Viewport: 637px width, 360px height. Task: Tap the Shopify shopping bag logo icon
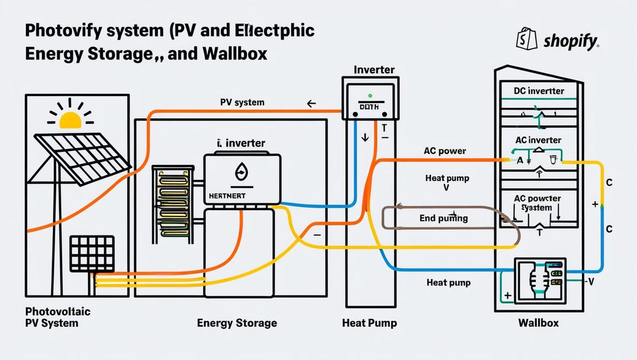click(x=522, y=41)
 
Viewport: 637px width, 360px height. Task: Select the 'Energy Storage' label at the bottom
click(x=237, y=322)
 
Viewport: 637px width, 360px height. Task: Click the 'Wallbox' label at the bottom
click(x=538, y=322)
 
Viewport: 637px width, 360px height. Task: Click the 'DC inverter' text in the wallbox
click(x=539, y=91)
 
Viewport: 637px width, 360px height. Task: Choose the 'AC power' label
click(x=445, y=151)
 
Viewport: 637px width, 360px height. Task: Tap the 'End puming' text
click(x=444, y=219)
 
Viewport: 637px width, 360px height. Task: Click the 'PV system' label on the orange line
click(x=242, y=102)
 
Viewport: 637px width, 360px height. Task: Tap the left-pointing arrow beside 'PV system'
click(x=311, y=104)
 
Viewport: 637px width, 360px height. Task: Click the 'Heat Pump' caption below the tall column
click(x=369, y=322)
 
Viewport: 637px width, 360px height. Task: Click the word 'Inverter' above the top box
click(x=374, y=70)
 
